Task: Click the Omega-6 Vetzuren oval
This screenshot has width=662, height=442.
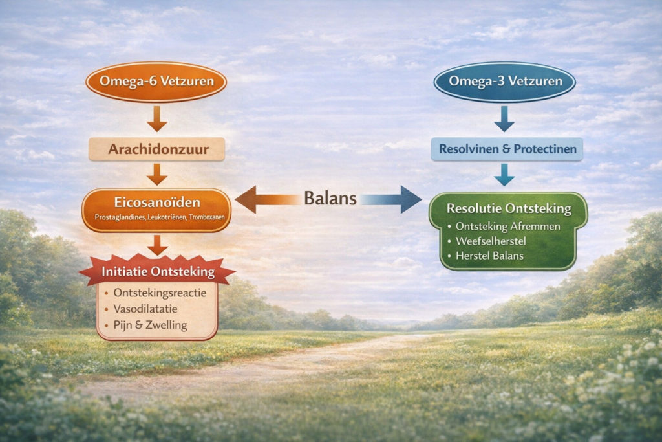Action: [x=156, y=83]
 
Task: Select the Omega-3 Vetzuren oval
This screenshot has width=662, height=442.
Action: [x=504, y=83]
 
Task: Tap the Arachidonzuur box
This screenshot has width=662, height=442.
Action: [x=156, y=149]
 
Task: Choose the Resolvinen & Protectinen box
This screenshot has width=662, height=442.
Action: [x=507, y=149]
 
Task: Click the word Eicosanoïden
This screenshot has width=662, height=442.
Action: [x=156, y=202]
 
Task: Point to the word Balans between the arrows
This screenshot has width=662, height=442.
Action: [x=330, y=199]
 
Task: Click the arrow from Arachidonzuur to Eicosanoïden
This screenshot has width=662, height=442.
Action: [x=156, y=173]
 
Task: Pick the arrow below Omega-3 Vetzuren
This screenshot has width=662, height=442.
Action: [x=504, y=118]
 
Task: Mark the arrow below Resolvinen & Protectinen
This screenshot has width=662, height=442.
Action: [x=504, y=174]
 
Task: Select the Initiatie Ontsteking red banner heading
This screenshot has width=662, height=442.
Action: [x=156, y=272]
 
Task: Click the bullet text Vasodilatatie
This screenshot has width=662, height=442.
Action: [x=145, y=309]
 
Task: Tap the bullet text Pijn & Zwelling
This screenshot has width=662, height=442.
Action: [x=149, y=325]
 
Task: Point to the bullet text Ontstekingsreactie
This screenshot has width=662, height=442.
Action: [x=159, y=293]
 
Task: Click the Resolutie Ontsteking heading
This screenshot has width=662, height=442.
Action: [x=509, y=209]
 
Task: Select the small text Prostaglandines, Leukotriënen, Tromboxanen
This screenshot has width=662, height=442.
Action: [x=156, y=217]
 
